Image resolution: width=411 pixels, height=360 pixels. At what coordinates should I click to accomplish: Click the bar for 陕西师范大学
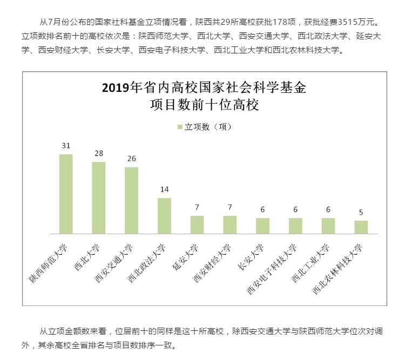[66, 194]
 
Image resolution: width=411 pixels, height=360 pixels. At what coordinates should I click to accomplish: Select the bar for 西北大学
[99, 198]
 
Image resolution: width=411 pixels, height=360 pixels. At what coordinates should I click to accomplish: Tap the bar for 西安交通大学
[132, 200]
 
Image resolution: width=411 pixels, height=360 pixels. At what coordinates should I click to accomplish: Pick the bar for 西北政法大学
[164, 216]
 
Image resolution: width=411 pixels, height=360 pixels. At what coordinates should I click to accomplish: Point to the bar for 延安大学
[197, 225]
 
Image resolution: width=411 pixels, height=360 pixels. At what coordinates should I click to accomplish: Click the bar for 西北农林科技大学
[361, 227]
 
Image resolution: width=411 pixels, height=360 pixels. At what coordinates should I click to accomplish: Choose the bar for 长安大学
[262, 226]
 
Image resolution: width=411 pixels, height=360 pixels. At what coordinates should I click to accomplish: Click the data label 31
[66, 146]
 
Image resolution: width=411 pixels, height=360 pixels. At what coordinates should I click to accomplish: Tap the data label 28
[99, 153]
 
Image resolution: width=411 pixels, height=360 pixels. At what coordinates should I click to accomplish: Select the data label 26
[132, 159]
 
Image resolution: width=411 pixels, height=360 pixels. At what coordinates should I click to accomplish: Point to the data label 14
[164, 189]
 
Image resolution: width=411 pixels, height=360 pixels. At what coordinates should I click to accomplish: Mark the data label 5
[361, 212]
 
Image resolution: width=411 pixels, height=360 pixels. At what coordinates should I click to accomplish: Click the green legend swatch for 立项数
[180, 127]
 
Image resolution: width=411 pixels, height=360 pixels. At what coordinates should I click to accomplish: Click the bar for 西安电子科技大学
[295, 226]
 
